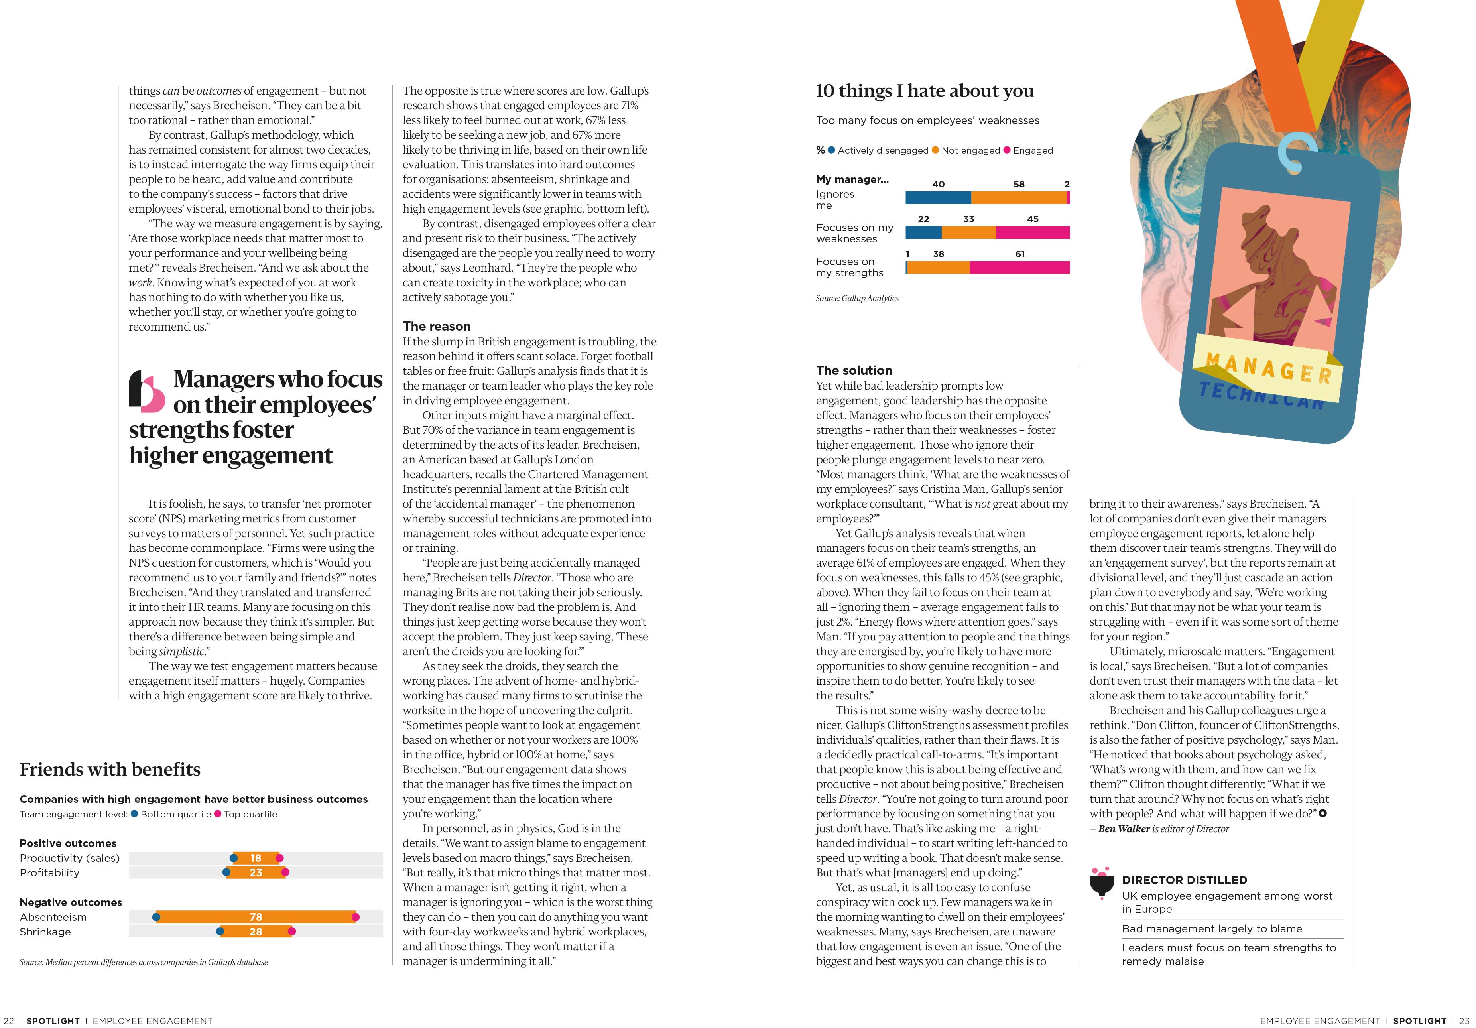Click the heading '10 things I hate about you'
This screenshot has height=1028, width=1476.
click(x=925, y=91)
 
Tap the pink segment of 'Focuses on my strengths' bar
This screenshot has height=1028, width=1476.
click(x=1019, y=268)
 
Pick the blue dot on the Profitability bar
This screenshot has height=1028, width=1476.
click(x=226, y=872)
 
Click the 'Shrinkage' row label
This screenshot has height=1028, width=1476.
click(x=45, y=932)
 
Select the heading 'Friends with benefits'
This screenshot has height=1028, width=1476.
click(x=110, y=770)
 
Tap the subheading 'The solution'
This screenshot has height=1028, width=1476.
click(x=854, y=370)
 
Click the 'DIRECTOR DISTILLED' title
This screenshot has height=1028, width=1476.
click(x=1184, y=880)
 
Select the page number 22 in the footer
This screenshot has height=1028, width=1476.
click(x=9, y=1021)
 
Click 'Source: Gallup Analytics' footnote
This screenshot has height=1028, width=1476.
click(x=857, y=298)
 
